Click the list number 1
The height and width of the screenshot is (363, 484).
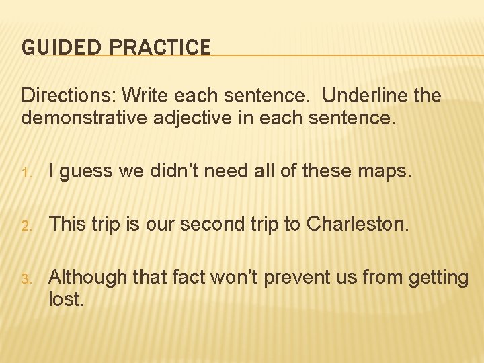(25, 173)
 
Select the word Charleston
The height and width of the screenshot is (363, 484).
(357, 223)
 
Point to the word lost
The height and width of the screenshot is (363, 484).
(67, 298)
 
